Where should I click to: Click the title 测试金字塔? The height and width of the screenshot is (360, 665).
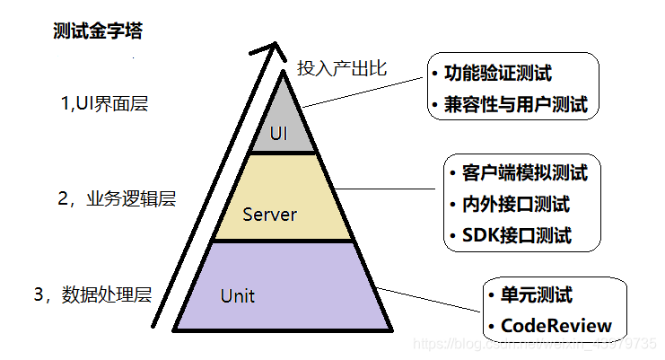(x=98, y=31)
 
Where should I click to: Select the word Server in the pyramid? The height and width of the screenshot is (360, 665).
(x=270, y=215)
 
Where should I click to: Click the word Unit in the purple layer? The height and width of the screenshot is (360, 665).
(x=237, y=294)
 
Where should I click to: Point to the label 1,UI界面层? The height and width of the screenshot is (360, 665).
(x=104, y=103)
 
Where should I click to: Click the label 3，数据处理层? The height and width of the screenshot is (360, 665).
(x=92, y=294)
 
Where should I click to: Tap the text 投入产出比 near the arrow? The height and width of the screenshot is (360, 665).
(x=341, y=67)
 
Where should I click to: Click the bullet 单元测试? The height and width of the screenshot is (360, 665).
(x=536, y=294)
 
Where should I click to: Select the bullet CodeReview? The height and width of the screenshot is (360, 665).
(x=556, y=325)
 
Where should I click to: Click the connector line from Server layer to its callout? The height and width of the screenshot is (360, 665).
(x=395, y=189)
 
